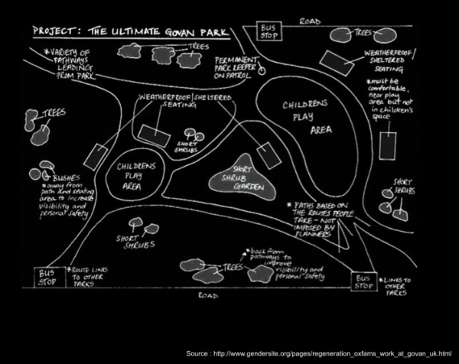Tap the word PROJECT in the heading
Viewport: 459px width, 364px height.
pyautogui.click(x=55, y=32)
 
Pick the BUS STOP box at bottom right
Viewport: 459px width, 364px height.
pyautogui.click(x=365, y=281)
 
